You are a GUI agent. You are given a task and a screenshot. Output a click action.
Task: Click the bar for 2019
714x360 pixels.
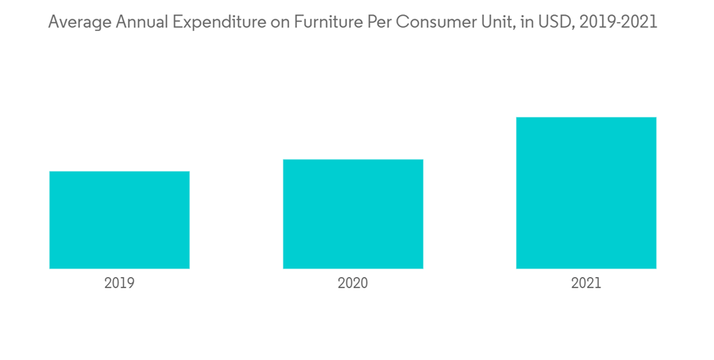click(119, 220)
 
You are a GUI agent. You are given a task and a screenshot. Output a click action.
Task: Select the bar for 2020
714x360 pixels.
click(353, 214)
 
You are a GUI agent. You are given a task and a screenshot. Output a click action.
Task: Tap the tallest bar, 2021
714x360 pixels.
click(586, 193)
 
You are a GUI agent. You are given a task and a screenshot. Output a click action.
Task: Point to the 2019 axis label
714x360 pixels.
click(119, 284)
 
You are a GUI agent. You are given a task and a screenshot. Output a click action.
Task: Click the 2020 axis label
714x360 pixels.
click(353, 284)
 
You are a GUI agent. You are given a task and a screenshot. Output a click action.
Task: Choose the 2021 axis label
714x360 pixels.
click(586, 284)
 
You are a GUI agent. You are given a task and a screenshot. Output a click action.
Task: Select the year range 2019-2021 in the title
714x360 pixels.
click(618, 22)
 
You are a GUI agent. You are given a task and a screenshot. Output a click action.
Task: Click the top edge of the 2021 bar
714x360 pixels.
click(586, 118)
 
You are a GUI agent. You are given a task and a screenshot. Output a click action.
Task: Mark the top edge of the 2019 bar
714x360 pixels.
click(119, 172)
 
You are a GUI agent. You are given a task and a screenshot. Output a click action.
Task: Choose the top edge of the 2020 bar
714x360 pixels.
click(353, 160)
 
